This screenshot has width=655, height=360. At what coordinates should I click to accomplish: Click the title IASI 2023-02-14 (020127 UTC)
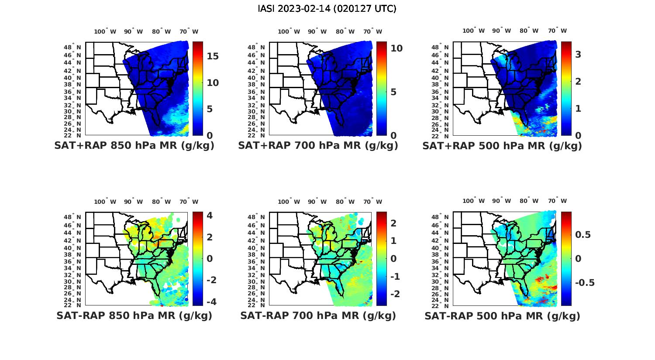tap(327, 9)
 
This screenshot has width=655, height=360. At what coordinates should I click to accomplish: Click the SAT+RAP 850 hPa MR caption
tap(134, 146)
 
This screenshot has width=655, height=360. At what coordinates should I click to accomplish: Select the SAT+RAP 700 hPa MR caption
tap(318, 146)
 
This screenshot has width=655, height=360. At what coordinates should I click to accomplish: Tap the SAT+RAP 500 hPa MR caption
tap(502, 146)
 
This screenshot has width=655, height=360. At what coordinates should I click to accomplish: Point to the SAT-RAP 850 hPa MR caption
tap(134, 315)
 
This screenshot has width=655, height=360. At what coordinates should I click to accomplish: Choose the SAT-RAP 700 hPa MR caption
tap(318, 315)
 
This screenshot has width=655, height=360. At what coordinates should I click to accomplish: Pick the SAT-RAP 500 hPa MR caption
tap(502, 315)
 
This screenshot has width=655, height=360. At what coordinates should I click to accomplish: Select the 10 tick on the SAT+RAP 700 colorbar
tap(396, 48)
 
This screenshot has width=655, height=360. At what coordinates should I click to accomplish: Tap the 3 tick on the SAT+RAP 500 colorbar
tap(578, 55)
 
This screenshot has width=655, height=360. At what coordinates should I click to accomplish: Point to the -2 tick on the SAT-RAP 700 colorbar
tap(395, 294)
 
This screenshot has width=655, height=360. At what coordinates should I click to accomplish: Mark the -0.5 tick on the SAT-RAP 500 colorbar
tap(585, 283)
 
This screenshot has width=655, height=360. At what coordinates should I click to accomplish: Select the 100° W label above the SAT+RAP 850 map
tap(105, 31)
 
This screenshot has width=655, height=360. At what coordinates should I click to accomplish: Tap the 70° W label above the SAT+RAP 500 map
tap(557, 31)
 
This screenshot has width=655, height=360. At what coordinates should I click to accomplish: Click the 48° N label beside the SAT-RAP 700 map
tap(260, 217)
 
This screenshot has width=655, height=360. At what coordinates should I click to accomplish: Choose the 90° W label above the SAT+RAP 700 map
tap(317, 31)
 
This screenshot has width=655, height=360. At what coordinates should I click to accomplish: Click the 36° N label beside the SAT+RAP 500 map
tap(444, 92)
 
